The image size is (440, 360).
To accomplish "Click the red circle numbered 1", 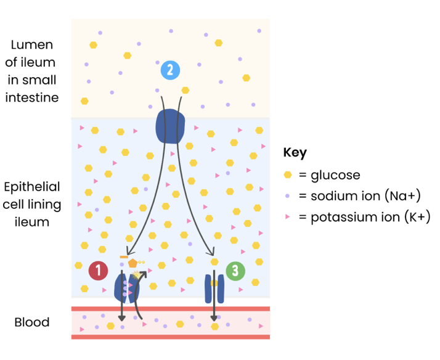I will [x=99, y=270].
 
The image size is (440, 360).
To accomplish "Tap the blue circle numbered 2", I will [x=170, y=70].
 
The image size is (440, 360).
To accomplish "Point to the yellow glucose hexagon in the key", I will [x=287, y=175].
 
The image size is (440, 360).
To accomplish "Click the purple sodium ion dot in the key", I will [x=287, y=196].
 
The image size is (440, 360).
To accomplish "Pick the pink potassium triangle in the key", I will [x=287, y=217].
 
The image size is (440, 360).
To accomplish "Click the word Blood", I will [x=31, y=322].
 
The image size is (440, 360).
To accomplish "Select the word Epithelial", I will [x=31, y=187].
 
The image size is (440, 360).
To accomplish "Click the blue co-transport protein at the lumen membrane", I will [x=169, y=126].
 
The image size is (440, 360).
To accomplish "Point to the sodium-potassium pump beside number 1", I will [x=127, y=287].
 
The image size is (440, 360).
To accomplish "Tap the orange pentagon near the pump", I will [x=132, y=263].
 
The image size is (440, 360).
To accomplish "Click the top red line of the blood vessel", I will [x=170, y=309].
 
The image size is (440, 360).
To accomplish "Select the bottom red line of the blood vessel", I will [x=170, y=337].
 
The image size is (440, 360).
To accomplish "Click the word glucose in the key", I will [x=335, y=175].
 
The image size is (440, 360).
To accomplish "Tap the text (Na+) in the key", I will [x=402, y=196].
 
